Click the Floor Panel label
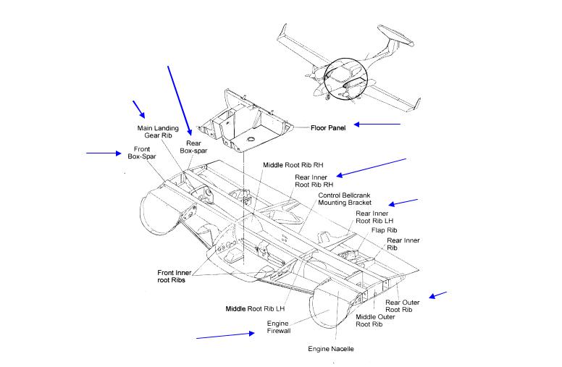click(x=328, y=127)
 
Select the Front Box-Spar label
click(x=142, y=153)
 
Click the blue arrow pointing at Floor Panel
click(x=376, y=125)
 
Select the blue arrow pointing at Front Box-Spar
click(x=104, y=153)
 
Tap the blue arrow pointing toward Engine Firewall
click(x=225, y=335)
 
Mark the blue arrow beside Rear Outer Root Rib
click(x=438, y=295)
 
